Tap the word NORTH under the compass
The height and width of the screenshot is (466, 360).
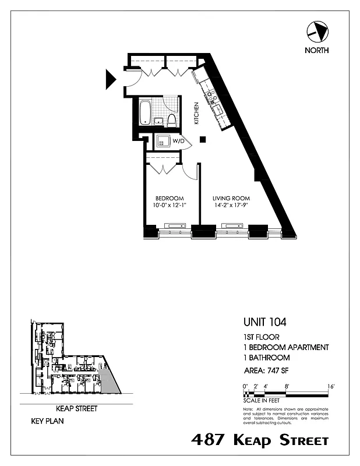point(316,50)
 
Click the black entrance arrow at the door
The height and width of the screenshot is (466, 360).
point(111,79)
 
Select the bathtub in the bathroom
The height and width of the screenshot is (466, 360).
point(146,112)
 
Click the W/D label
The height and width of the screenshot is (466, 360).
point(178,141)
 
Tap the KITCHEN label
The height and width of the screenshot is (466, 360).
point(197,114)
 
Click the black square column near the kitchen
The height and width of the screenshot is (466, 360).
point(202,139)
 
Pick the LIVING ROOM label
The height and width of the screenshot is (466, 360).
point(231,198)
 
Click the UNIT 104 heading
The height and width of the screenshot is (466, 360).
point(264,321)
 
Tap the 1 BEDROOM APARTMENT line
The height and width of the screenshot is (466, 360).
point(285,347)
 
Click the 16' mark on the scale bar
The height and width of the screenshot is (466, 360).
point(330,386)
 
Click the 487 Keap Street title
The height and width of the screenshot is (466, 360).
point(260,440)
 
